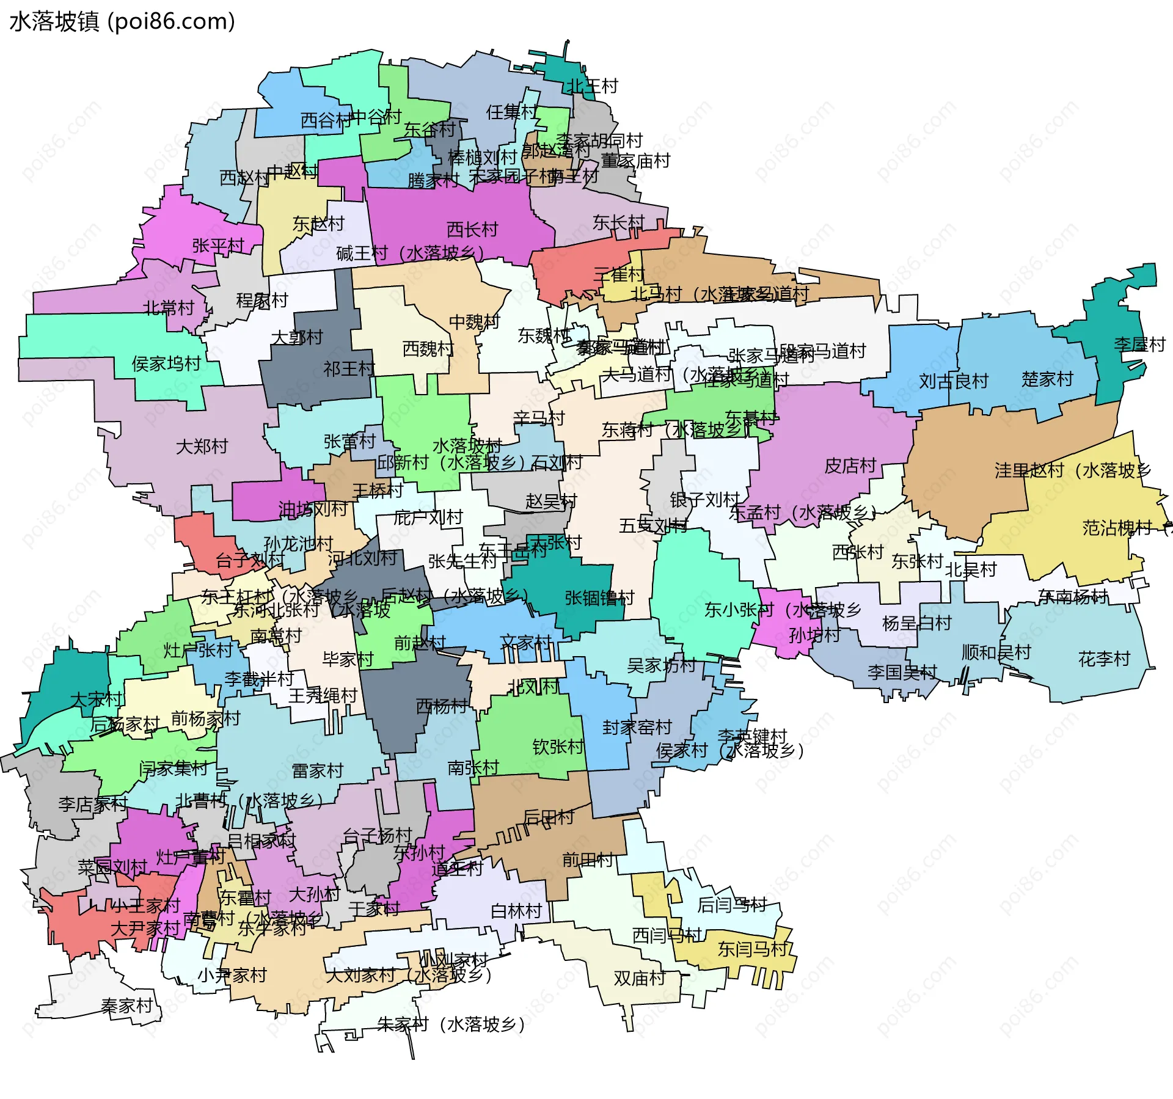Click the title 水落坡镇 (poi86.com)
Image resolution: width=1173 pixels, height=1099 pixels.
click(122, 21)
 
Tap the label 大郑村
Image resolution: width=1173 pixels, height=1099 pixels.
click(202, 447)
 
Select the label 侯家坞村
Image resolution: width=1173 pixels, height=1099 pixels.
click(166, 364)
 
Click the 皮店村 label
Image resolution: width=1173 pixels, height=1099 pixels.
click(850, 466)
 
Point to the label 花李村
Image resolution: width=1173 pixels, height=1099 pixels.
click(1104, 659)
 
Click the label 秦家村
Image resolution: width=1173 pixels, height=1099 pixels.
click(126, 1006)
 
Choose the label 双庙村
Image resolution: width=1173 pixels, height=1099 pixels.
click(639, 978)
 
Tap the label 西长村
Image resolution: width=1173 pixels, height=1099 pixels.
click(472, 230)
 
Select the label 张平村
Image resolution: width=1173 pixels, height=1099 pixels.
click(218, 246)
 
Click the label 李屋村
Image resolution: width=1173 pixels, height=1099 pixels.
click(1139, 345)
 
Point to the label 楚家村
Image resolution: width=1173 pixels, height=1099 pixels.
click(1047, 379)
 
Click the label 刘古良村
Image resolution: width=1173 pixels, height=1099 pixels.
click(954, 382)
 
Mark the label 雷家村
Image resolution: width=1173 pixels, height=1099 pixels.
click(318, 771)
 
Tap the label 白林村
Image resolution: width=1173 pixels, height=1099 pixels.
click(516, 911)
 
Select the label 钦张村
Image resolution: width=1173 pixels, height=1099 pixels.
click(558, 747)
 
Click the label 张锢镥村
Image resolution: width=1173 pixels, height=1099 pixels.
click(599, 598)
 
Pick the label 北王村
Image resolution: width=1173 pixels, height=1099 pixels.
click(593, 86)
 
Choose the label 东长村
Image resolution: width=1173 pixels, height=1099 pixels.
click(618, 222)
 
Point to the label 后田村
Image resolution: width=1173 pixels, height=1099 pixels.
click(549, 817)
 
